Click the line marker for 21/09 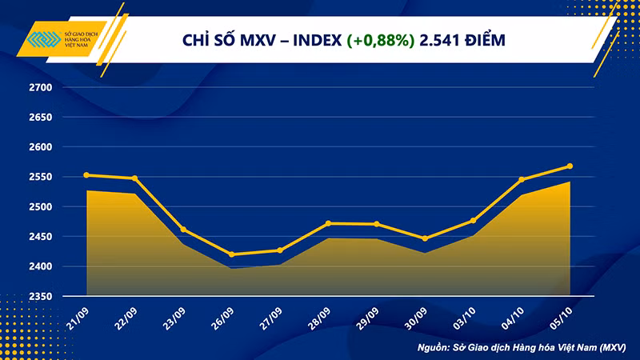point(86,175)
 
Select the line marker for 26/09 point(231,254)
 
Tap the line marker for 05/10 point(570,166)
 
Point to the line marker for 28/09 point(328,223)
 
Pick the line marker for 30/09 point(425,238)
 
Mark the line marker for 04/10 point(522,179)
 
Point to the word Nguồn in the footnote point(434,348)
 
